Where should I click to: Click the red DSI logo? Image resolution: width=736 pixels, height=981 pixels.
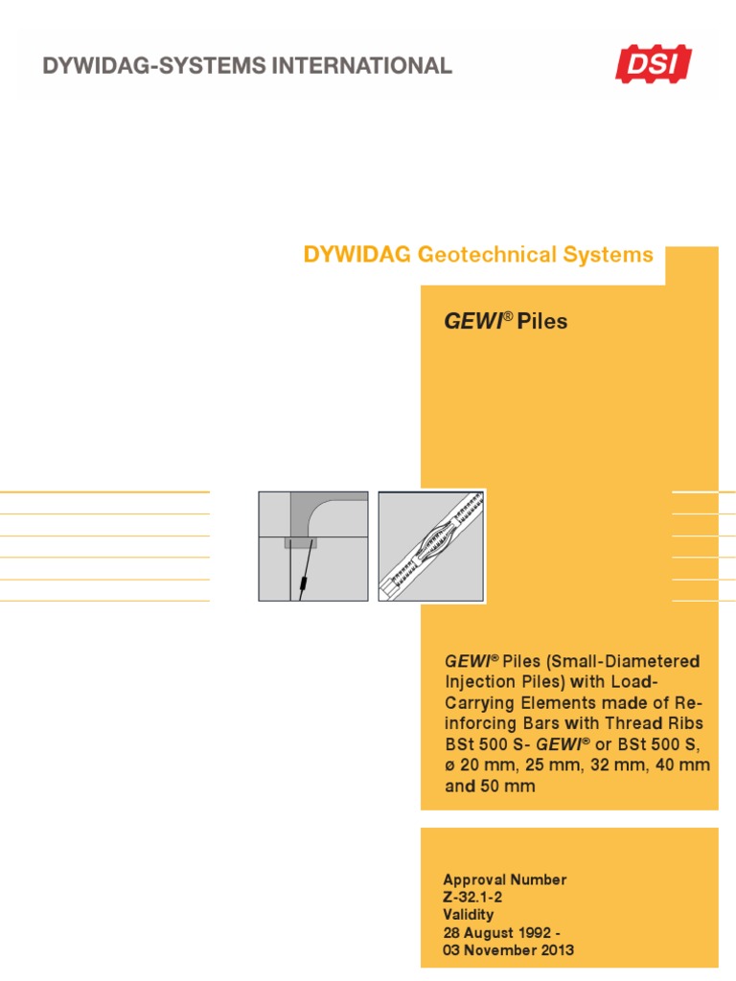coord(653,64)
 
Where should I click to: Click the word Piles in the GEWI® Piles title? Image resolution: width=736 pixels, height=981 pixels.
coord(542,322)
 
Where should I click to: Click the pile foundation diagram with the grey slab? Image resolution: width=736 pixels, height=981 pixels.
coord(312,546)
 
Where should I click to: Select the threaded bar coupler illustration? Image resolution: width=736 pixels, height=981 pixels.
coord(431,546)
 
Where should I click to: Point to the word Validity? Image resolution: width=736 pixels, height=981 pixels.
coord(469,914)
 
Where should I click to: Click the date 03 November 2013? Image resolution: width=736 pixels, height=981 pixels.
coord(509,949)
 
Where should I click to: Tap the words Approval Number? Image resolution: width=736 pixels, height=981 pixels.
coord(505,879)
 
